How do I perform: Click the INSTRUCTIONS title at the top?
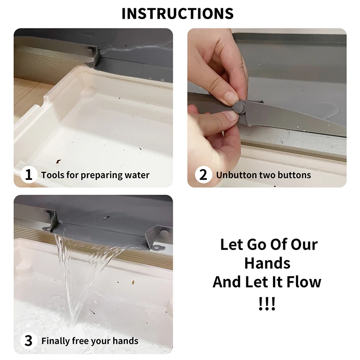(177, 13)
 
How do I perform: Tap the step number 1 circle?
(28, 175)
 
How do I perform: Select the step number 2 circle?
(203, 175)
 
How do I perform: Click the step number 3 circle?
(28, 341)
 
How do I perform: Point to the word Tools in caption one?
(52, 175)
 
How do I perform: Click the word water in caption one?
(137, 175)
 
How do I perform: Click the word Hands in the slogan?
(267, 263)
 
